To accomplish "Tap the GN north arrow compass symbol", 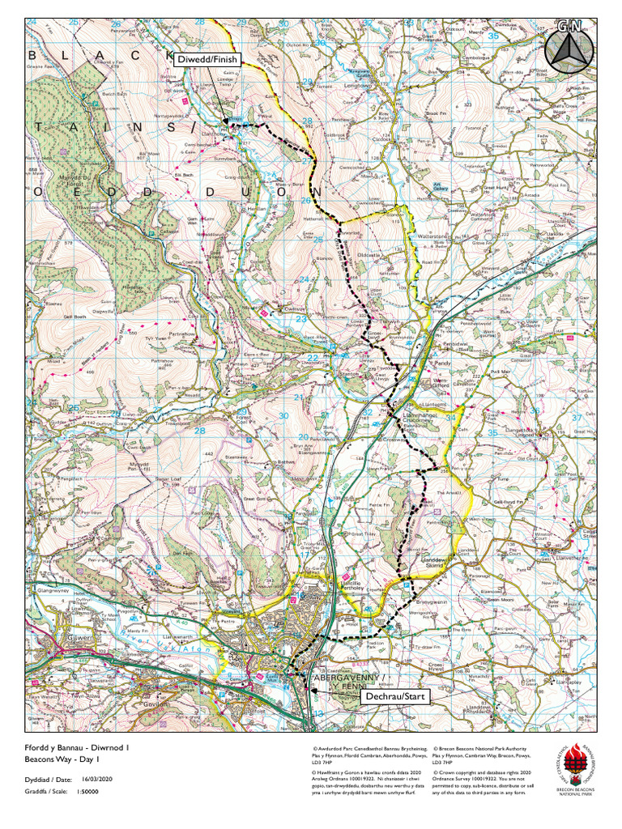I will point(566,48).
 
